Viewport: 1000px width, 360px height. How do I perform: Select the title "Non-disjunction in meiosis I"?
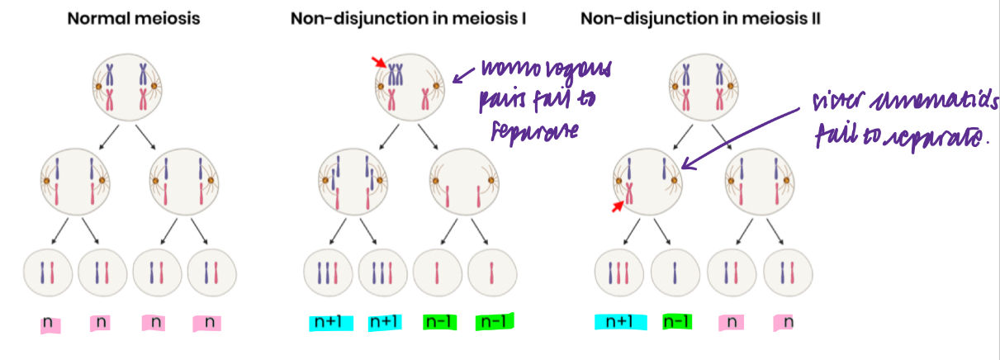[x=409, y=18]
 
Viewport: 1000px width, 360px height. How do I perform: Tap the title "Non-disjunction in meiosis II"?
[x=700, y=18]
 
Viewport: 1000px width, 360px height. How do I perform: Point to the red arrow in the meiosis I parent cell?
[x=379, y=62]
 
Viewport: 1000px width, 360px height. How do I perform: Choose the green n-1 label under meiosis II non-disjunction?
[x=677, y=321]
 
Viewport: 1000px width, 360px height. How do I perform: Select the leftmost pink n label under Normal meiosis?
[x=48, y=321]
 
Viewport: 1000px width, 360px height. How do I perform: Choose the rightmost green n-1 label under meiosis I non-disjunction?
[x=495, y=321]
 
